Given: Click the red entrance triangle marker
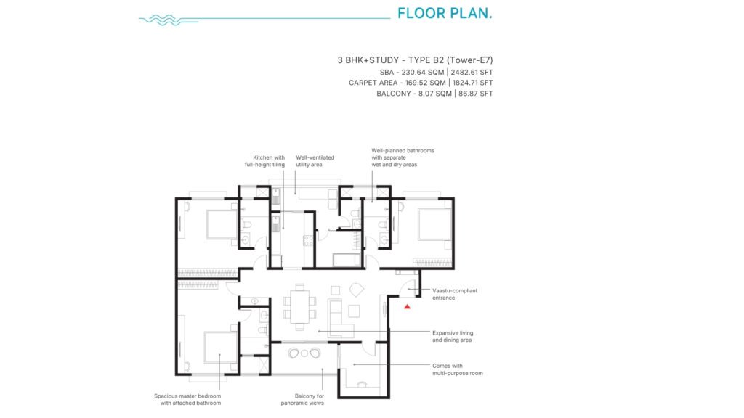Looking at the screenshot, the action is [x=407, y=307].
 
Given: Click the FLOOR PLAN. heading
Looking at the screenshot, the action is [x=445, y=13].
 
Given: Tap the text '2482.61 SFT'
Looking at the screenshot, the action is [x=472, y=72].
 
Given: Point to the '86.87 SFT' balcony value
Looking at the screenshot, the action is [x=475, y=94].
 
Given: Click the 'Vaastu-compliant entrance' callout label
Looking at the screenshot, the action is [x=455, y=295].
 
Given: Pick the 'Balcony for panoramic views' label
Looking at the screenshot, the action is [x=302, y=400].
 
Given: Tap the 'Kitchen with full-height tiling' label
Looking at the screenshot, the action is [x=264, y=161].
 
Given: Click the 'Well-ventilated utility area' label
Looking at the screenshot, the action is [x=315, y=161].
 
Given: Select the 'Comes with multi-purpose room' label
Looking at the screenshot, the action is [x=458, y=369].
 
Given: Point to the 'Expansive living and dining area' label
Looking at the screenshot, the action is [x=453, y=337].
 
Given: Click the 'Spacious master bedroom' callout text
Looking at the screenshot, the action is [x=187, y=396].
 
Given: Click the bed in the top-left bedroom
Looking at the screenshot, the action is [x=222, y=224].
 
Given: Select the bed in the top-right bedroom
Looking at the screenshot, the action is [x=434, y=225].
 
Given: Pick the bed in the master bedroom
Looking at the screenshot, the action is [x=221, y=348].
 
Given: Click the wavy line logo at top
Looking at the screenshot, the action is [x=169, y=20].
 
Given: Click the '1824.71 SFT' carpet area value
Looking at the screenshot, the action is [x=472, y=83].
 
